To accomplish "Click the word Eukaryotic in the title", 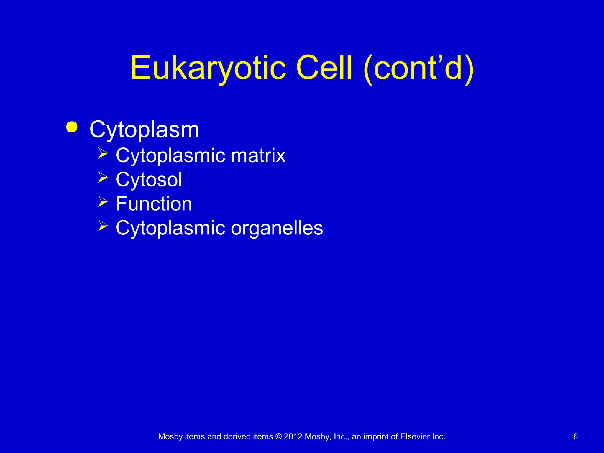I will (x=208, y=68).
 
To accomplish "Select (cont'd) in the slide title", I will (x=419, y=68).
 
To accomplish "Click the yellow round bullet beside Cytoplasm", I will (x=72, y=127).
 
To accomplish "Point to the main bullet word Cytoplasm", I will (x=144, y=130).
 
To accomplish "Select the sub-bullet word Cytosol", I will (x=149, y=180).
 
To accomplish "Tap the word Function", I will (x=154, y=204).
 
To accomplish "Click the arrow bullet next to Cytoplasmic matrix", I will (x=103, y=153).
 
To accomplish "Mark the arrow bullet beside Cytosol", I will (x=103, y=178).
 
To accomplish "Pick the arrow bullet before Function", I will (x=103, y=202).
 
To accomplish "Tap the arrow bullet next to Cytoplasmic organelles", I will (x=103, y=226).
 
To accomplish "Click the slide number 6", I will (x=575, y=436).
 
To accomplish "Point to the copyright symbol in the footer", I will (x=278, y=437).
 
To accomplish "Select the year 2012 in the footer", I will (x=293, y=437).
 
